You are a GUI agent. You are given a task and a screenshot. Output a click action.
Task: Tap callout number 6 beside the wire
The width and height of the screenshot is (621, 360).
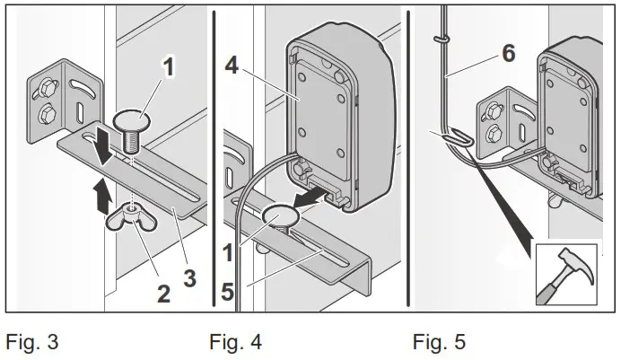[508, 53]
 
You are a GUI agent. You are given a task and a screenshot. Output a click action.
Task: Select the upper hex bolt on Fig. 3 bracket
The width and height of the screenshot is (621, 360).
[43, 87]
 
